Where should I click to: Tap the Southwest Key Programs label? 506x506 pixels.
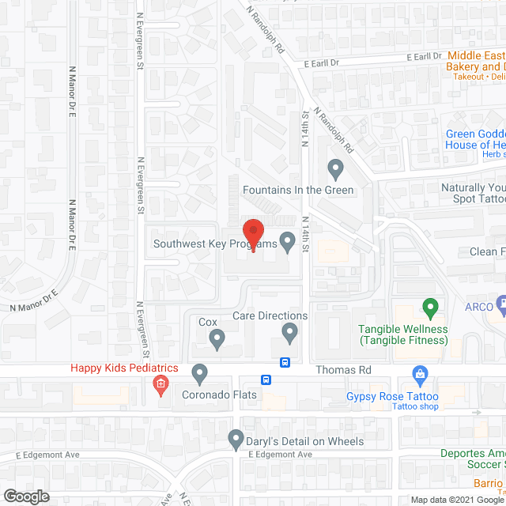[x=215, y=244]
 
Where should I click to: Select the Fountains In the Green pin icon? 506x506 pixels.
[x=335, y=168]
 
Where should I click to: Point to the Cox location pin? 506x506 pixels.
[x=217, y=341]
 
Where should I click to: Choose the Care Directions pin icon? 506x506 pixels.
[x=290, y=334]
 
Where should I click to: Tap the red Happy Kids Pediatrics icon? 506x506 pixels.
[x=160, y=386]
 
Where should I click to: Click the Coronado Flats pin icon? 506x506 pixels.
[x=200, y=372]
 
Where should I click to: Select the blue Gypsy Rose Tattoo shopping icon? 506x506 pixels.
[x=420, y=373]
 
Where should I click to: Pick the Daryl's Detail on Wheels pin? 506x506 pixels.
[x=236, y=439]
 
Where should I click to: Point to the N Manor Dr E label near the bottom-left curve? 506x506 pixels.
[x=36, y=300]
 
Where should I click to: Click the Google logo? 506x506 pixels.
[x=25, y=497]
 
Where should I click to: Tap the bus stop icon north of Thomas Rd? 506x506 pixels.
[x=285, y=363]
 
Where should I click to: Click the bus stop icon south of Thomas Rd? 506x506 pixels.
[x=268, y=379]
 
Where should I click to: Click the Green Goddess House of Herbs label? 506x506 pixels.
[x=474, y=140]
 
